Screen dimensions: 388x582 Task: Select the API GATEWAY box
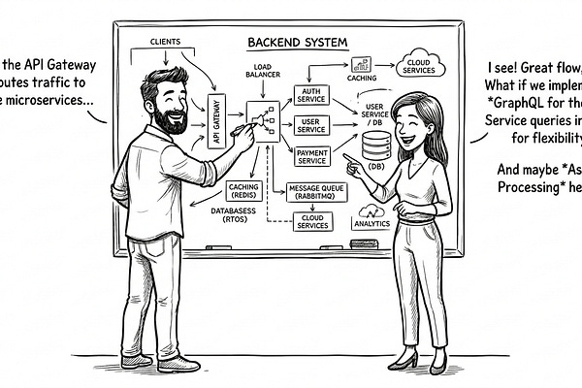click(x=216, y=120)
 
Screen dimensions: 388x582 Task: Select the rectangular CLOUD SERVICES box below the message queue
click(x=312, y=222)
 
